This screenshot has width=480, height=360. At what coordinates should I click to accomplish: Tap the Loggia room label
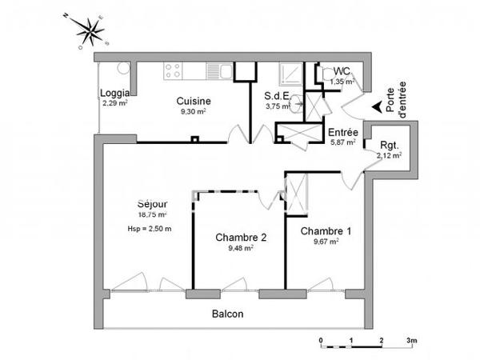click(x=114, y=92)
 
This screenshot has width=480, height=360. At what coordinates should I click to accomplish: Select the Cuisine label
click(x=194, y=101)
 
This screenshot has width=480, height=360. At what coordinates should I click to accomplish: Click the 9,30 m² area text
click(x=194, y=112)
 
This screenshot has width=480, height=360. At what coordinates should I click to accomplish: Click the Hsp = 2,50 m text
click(x=150, y=229)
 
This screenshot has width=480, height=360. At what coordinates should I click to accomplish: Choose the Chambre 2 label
click(x=240, y=237)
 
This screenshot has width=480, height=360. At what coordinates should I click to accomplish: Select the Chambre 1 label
click(x=325, y=230)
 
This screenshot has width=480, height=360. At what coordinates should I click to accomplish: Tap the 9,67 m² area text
click(x=325, y=241)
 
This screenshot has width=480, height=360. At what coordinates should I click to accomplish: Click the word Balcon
click(x=227, y=314)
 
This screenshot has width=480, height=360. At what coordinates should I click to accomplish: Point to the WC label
click(x=342, y=70)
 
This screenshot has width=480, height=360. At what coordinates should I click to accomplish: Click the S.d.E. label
click(x=278, y=94)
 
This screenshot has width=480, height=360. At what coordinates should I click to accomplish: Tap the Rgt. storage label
click(x=389, y=145)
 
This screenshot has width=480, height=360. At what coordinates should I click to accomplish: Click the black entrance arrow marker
click(x=375, y=103)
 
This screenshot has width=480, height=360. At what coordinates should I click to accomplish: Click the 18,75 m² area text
click(x=151, y=215)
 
